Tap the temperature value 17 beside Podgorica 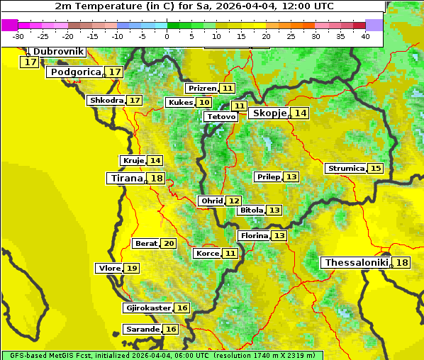tap(114, 72)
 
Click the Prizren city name tap(202, 89)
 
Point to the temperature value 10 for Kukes tap(203, 103)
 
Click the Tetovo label tap(221, 116)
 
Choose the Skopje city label tap(269, 113)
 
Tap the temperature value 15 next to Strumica tap(375, 169)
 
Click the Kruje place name tap(133, 161)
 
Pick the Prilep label tap(268, 176)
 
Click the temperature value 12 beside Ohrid tap(233, 201)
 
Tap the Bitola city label tap(251, 210)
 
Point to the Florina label tap(254, 235)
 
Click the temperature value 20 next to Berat tap(168, 244)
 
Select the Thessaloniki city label tap(356, 263)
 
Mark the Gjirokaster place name tap(147, 308)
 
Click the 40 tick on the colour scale tap(365, 35)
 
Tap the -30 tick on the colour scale tap(18, 35)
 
